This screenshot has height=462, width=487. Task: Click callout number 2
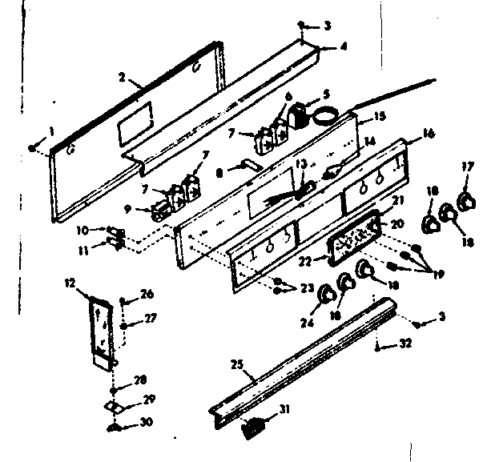click(121, 78)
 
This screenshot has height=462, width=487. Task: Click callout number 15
click(380, 116)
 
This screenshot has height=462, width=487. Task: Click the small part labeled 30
click(113, 430)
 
